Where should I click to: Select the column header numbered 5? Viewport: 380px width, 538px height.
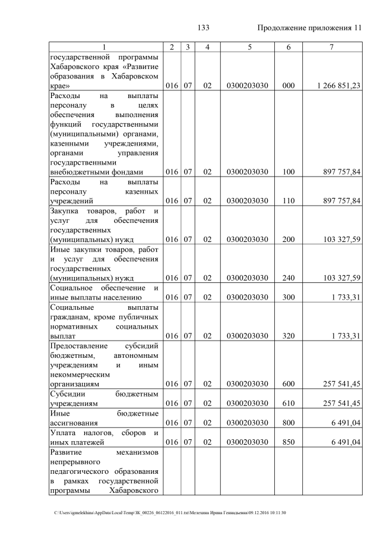coord(248,47)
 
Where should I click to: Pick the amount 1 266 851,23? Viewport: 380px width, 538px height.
coord(338,86)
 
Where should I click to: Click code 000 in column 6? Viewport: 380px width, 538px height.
coord(289,86)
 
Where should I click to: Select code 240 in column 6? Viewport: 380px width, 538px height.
coord(289,278)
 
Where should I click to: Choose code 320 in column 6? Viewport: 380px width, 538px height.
coord(289,335)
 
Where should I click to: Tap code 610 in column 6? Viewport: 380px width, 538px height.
coord(289,403)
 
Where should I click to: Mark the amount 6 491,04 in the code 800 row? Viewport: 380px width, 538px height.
coord(344,422)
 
